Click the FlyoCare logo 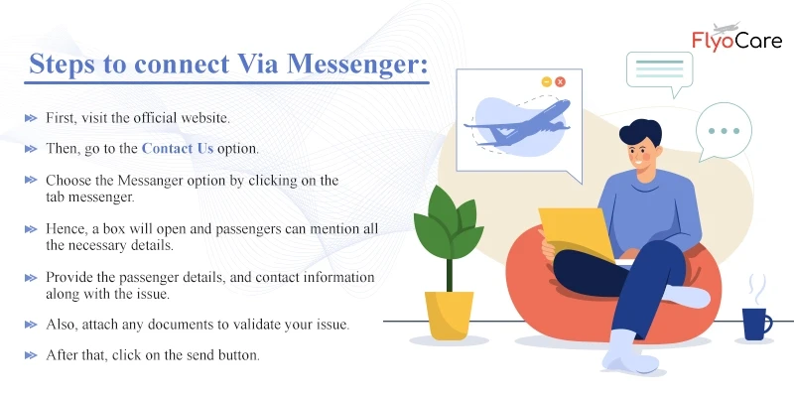[x=736, y=38]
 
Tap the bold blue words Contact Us [x=178, y=148]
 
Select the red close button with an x [x=560, y=81]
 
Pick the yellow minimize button [x=547, y=81]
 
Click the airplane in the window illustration [x=517, y=123]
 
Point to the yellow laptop [x=577, y=233]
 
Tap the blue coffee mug [x=757, y=325]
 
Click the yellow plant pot [x=450, y=315]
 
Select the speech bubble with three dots [x=724, y=131]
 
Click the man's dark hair [x=640, y=132]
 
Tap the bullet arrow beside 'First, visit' [x=31, y=118]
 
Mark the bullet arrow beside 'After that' [x=31, y=355]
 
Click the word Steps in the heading [x=61, y=66]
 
